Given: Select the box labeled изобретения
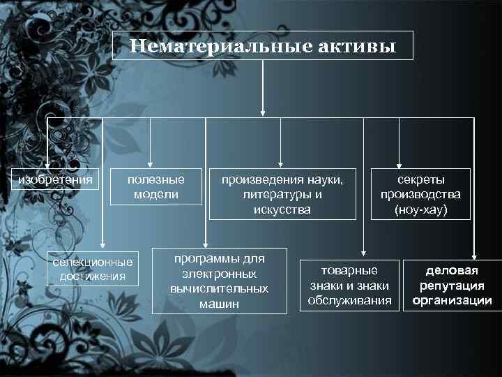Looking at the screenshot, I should [56, 180].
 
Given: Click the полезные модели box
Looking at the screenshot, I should [156, 186].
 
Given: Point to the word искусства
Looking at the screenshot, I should [282, 209].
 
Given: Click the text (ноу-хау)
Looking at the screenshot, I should [420, 209].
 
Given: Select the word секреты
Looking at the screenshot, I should [421, 179].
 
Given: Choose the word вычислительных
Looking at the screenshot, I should [219, 288].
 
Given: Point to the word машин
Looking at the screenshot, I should [219, 303].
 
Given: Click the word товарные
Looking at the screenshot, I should [349, 271].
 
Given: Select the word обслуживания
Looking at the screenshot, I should [349, 301].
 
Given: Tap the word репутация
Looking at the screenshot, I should [452, 286].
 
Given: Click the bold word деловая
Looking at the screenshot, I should [452, 270].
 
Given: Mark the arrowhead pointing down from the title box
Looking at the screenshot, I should [263, 111].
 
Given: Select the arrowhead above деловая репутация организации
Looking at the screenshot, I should [473, 255].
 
